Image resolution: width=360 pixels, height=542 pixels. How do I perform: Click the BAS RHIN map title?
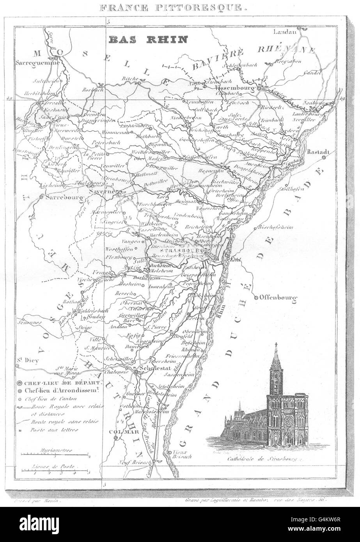(148, 39)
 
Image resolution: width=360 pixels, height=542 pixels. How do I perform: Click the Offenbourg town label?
(278, 298)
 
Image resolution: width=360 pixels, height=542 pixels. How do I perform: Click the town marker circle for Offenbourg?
(256, 298)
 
